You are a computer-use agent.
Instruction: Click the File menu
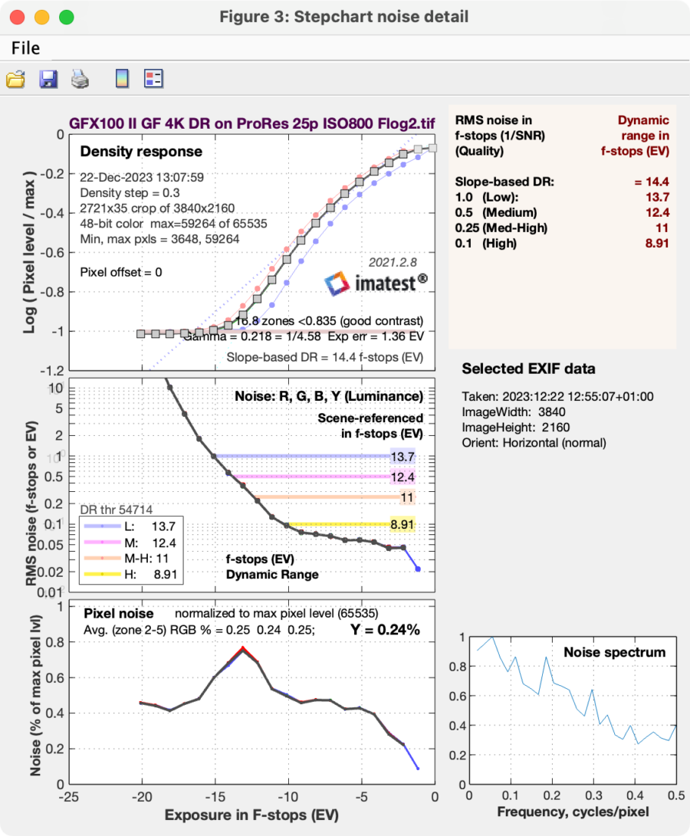tap(25, 48)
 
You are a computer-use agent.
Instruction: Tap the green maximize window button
tap(66, 16)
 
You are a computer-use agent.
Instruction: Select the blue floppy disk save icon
tap(48, 78)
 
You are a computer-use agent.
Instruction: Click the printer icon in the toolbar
tap(81, 78)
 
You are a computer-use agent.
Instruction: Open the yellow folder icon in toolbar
tap(15, 78)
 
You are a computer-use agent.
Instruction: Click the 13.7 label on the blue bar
tap(402, 456)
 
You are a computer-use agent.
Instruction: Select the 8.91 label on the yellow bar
tap(402, 525)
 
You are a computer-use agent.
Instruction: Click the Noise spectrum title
tap(614, 652)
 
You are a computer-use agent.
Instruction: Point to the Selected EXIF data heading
tap(528, 369)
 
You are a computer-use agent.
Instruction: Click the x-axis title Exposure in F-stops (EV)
tap(252, 815)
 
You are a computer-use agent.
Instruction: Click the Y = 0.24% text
tap(385, 630)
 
